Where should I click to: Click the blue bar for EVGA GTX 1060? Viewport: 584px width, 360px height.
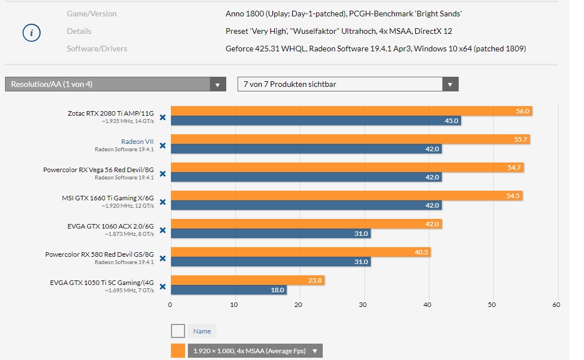pos(270,234)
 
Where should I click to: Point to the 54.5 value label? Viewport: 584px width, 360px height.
pos(514,196)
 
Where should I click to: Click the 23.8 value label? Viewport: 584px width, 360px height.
pos(316,280)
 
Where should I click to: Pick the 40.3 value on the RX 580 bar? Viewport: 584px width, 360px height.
pos(421,252)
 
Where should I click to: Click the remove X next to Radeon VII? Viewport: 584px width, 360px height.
pos(163,146)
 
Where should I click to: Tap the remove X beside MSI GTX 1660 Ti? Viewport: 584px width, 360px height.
pos(163,202)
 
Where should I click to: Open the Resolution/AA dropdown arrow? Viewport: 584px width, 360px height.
pos(218,85)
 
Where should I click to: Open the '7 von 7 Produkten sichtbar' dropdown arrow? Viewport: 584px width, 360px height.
pos(450,85)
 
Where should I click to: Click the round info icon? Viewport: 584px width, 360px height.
pos(32,33)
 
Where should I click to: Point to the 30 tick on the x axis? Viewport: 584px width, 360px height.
pos(364,305)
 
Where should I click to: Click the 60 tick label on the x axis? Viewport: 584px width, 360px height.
pos(557,305)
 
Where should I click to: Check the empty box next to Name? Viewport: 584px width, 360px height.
pos(178,331)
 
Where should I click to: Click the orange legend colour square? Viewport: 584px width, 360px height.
pos(178,351)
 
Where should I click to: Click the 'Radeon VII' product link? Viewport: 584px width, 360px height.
pos(137,142)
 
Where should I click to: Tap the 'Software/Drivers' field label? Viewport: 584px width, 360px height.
pos(96,49)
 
